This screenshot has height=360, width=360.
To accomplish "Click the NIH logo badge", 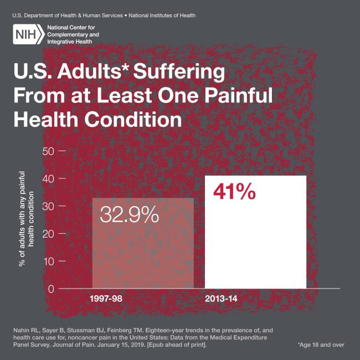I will (x=27, y=35).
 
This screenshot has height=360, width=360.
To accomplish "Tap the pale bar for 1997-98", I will (x=142, y=255).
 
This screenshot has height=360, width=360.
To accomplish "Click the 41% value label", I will (x=234, y=192).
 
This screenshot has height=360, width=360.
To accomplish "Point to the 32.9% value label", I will (x=129, y=214).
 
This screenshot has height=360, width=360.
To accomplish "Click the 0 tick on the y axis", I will (x=51, y=289).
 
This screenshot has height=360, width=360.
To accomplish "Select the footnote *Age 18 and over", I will (x=321, y=344).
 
